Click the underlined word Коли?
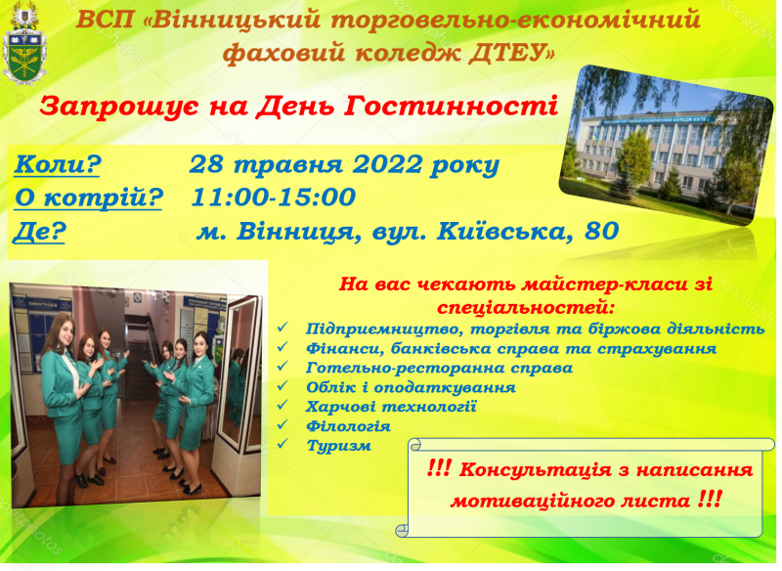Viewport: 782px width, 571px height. (58, 164)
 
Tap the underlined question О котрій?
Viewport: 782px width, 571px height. (89, 198)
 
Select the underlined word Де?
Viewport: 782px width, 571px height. (40, 232)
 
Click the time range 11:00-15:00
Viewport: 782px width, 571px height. (274, 197)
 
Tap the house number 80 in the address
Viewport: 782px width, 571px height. (601, 231)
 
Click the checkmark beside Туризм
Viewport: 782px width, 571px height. (282, 443)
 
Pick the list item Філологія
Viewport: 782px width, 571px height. (348, 426)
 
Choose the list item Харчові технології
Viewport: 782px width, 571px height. (391, 407)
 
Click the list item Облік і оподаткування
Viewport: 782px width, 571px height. (411, 387)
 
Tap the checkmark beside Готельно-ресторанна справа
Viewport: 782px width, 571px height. (282, 366)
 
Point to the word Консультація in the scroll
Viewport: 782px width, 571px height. (535, 469)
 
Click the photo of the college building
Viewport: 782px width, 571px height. (666, 145)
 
